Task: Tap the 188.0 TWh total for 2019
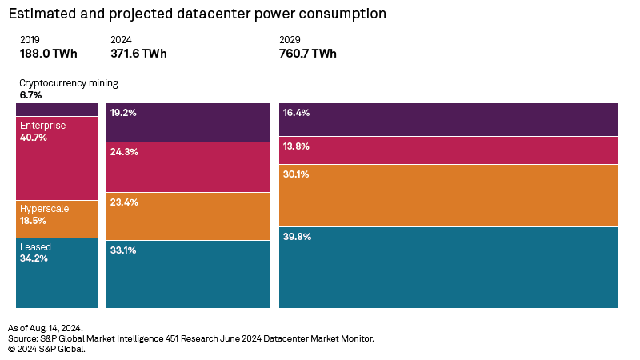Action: (x=50, y=54)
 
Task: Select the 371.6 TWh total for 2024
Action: (x=138, y=54)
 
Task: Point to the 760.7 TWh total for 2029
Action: (x=308, y=54)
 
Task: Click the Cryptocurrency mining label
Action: (x=69, y=82)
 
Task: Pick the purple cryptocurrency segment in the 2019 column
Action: (x=57, y=110)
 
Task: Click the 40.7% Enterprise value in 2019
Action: (x=34, y=138)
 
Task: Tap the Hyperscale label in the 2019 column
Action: (x=45, y=209)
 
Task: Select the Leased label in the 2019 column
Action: (x=36, y=246)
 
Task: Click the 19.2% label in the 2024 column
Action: (x=123, y=113)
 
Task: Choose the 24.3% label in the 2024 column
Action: (x=124, y=152)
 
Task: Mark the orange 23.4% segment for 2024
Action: (x=188, y=216)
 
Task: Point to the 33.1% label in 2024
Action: (x=123, y=250)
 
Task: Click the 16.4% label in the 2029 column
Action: (x=296, y=113)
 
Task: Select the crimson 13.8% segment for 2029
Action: (x=448, y=150)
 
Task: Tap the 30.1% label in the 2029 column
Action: (x=296, y=174)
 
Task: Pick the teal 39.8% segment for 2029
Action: (x=448, y=267)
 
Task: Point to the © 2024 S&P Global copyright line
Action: (x=46, y=349)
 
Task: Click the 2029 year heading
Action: (x=290, y=40)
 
